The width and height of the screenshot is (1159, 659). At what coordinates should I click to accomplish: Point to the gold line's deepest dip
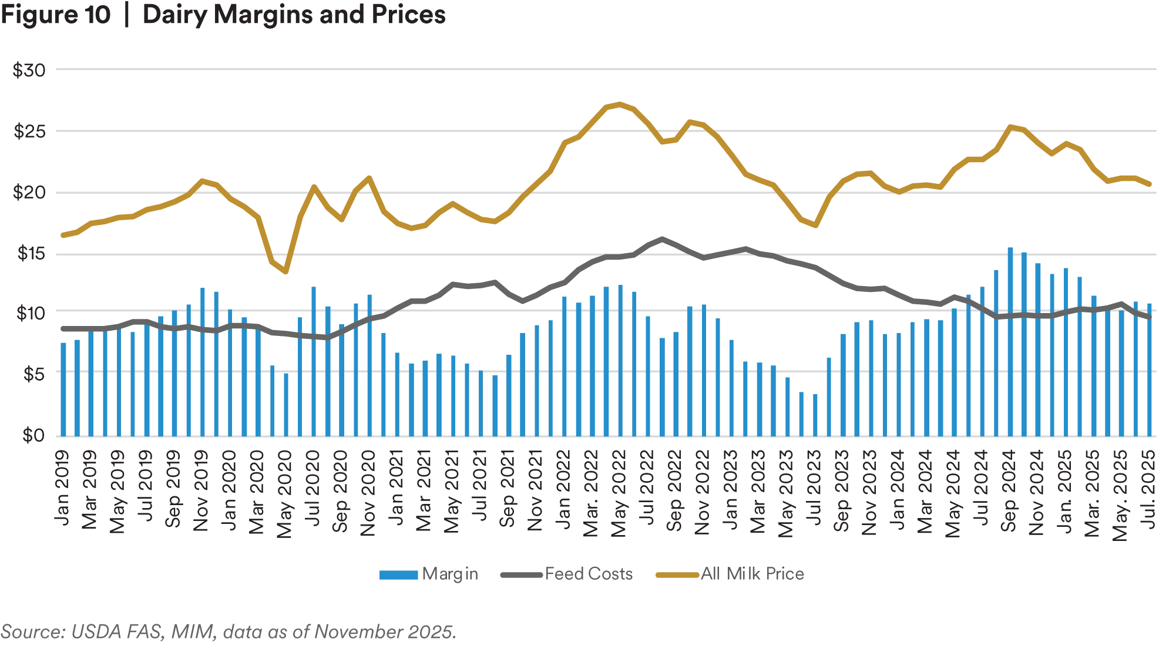pyautogui.click(x=285, y=273)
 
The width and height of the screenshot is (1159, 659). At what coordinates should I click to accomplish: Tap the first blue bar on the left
pyautogui.click(x=62, y=388)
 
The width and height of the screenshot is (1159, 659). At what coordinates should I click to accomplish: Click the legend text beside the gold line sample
pyautogui.click(x=752, y=575)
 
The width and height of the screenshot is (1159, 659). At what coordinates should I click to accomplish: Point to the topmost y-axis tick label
pyautogui.click(x=28, y=72)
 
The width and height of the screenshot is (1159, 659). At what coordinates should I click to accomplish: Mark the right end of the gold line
pyautogui.click(x=1152, y=185)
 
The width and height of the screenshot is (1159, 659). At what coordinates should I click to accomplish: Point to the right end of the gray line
pyautogui.click(x=1152, y=317)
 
